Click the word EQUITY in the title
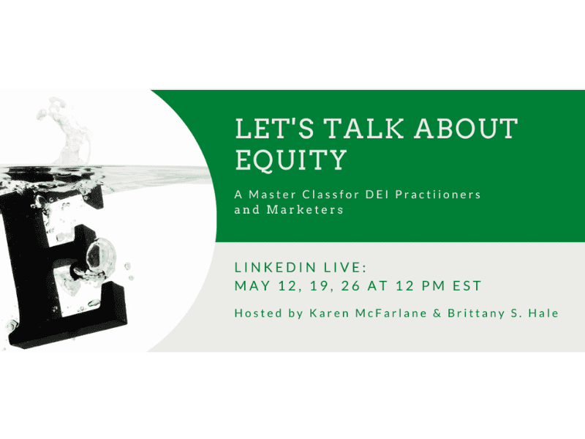click(x=290, y=160)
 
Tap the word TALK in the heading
click(x=363, y=129)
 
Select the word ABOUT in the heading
click(x=467, y=129)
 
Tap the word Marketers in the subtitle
click(x=305, y=209)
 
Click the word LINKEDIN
click(x=276, y=267)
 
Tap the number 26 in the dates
click(x=351, y=285)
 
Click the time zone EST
click(x=467, y=285)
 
